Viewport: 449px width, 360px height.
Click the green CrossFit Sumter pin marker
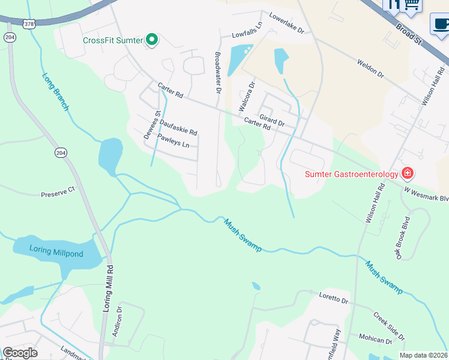[x=152, y=40]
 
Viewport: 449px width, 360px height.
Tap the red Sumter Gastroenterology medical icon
[x=408, y=174]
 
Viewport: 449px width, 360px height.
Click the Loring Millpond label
[x=57, y=254]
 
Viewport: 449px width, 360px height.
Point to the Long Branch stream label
[x=56, y=91]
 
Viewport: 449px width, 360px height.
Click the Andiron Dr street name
[x=119, y=323]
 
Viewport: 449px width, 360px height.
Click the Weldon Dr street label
[x=370, y=68]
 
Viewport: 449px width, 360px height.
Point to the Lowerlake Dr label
[x=286, y=22]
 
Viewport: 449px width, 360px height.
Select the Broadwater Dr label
[x=218, y=72]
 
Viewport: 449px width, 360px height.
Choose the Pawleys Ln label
[x=173, y=141]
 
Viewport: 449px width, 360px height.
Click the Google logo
[x=20, y=353]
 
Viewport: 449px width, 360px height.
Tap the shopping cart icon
[x=411, y=5]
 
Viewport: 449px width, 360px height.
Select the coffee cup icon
[x=440, y=24]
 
